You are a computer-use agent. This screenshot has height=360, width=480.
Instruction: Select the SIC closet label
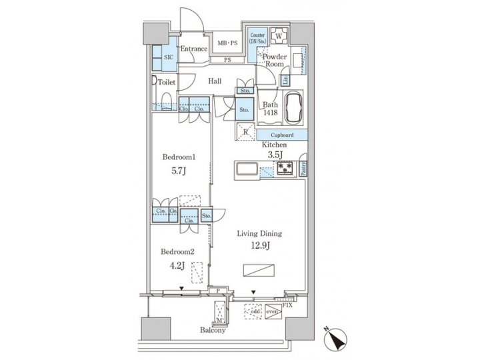[169, 58]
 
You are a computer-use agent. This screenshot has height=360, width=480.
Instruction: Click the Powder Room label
[274, 61]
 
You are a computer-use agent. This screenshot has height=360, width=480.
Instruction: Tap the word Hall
[215, 81]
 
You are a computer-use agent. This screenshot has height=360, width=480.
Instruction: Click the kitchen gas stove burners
[285, 168]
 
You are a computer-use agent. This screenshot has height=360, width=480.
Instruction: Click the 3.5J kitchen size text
[274, 156]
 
